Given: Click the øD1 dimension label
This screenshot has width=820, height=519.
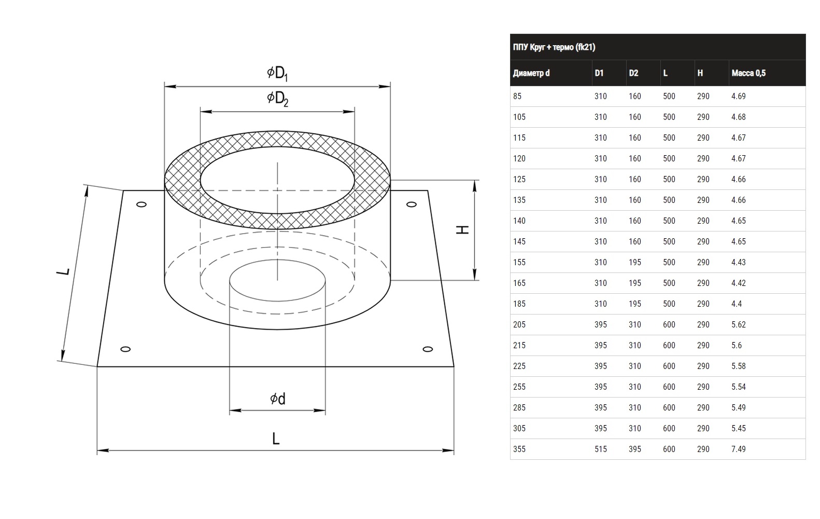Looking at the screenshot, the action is tap(277, 73).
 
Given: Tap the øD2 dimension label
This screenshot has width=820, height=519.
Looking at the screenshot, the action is tap(277, 99).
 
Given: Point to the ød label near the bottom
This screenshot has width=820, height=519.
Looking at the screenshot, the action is tap(277, 399).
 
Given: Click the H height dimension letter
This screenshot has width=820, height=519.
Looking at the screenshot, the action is tap(463, 230).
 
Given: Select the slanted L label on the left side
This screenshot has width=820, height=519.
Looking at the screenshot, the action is tap(63, 271).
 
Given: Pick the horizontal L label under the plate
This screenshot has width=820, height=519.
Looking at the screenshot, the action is tap(276, 439).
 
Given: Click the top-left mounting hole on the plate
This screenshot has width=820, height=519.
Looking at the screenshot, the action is tap(142, 204).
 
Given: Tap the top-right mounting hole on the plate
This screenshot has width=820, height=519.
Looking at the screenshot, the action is tap(412, 204).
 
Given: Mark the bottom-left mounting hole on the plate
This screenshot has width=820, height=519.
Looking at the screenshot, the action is tap(125, 349).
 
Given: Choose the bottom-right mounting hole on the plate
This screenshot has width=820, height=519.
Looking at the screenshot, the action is tap(428, 349).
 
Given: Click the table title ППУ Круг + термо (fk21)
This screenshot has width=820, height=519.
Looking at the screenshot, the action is tap(554, 47).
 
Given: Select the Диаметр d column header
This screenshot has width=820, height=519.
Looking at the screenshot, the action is tap(531, 73).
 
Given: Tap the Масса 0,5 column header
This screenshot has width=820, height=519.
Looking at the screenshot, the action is tap(748, 73).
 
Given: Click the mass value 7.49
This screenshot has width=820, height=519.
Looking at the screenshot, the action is tap(739, 449).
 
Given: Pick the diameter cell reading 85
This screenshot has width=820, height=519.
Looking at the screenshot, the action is tap(517, 97).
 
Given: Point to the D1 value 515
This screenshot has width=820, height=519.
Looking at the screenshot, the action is tap(600, 449).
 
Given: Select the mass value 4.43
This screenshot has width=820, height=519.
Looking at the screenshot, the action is tap(739, 263).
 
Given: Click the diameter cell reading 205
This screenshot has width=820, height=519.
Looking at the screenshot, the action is tap(519, 325).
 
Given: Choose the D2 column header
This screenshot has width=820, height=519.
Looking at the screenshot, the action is tap(633, 73).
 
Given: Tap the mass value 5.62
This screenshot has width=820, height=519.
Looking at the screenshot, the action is tap(739, 325).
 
